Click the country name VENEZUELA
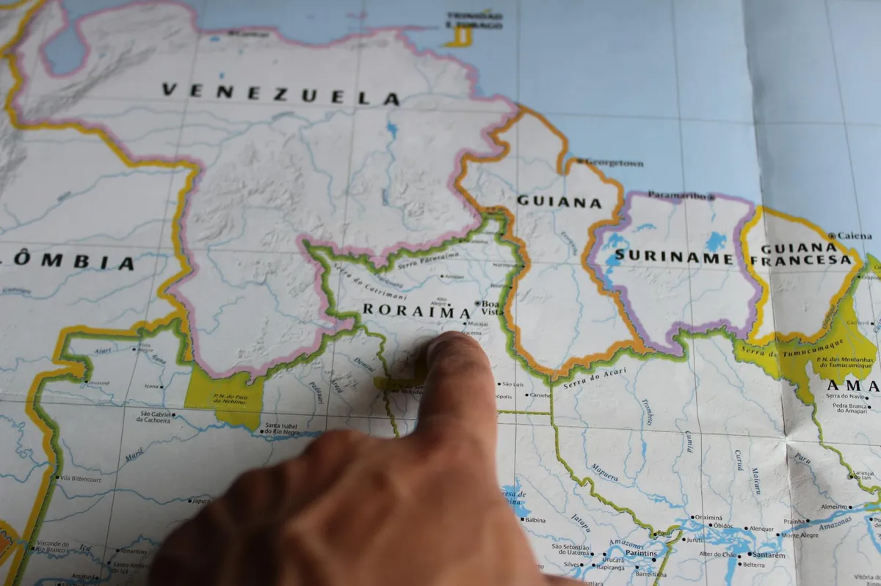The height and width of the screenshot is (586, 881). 280,94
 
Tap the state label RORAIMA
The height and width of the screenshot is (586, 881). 416,311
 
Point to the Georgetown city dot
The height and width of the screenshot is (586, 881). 579,161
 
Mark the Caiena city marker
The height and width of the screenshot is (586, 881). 832,236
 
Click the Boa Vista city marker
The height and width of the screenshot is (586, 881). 478,304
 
